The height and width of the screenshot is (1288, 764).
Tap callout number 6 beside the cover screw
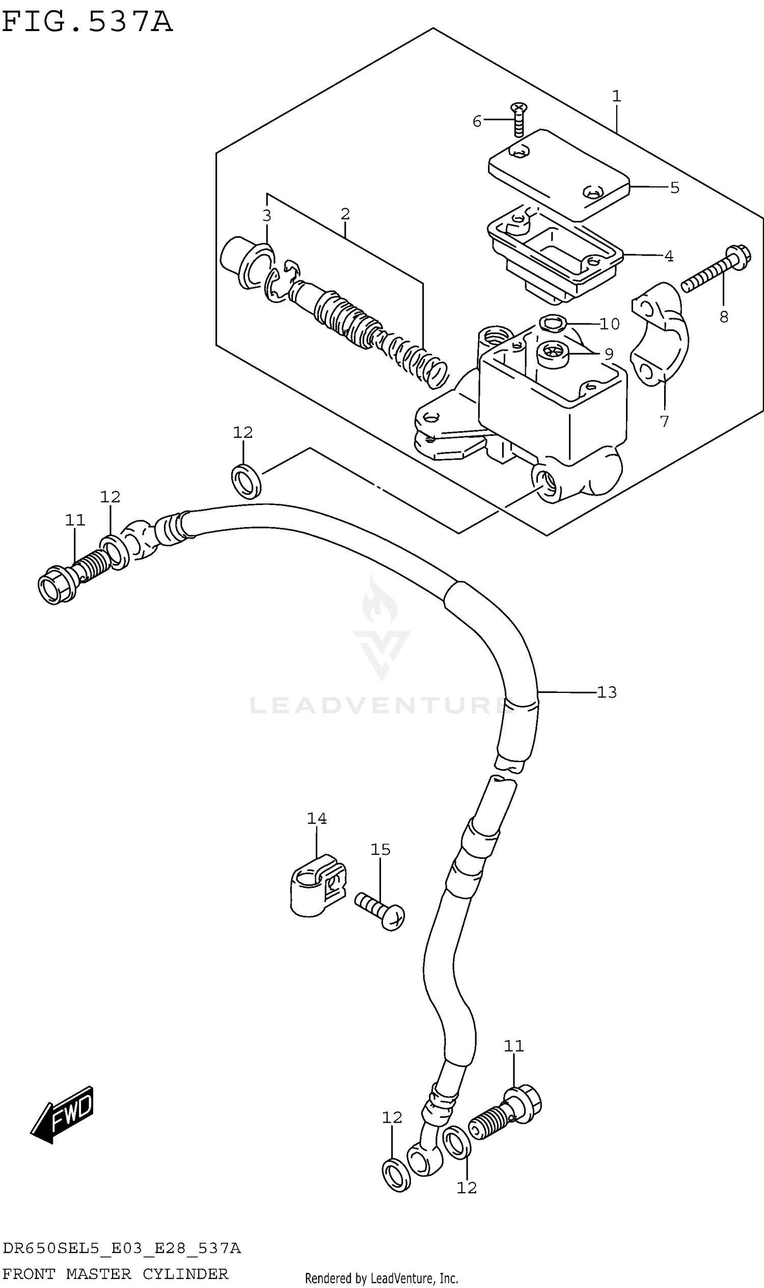point(477,122)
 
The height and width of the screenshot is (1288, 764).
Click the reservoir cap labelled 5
point(559,174)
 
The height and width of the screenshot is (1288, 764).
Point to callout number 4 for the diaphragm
point(669,256)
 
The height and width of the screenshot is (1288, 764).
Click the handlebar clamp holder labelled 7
point(661,334)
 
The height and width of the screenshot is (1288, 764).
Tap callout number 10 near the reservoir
point(610,324)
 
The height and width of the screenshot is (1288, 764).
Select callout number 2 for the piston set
point(345,214)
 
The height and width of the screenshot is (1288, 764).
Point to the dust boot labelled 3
point(246,263)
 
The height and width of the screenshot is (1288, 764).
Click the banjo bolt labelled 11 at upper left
point(72,579)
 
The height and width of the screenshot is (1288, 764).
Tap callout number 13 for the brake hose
point(607,692)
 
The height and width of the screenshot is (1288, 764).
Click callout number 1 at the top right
point(616,96)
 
